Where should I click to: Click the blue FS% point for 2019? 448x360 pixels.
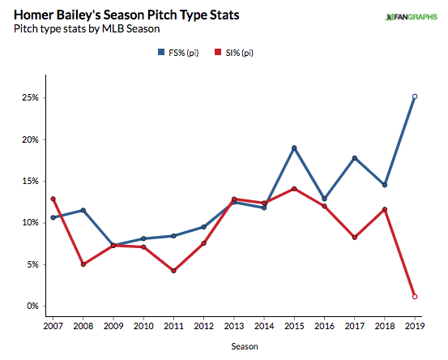[x=415, y=96]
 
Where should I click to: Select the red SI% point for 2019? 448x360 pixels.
[x=415, y=297]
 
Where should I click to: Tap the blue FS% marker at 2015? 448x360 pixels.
[x=294, y=148]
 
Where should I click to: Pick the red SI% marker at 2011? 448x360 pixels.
[x=173, y=271]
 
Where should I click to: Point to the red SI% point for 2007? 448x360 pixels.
[x=53, y=199]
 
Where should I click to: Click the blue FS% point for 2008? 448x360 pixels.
[x=83, y=210]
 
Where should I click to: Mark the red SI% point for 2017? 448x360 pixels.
[x=355, y=238]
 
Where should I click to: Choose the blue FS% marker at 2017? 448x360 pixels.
[x=355, y=158]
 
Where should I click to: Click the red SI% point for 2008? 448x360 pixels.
[x=83, y=264]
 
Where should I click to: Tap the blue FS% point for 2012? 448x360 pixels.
[x=203, y=227]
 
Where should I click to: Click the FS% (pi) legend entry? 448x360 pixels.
[x=178, y=53]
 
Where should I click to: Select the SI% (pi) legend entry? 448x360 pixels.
[x=234, y=53]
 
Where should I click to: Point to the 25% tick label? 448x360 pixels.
[x=30, y=97]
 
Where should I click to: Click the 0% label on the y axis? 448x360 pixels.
[x=32, y=306]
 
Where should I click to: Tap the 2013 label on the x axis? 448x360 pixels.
[x=234, y=326]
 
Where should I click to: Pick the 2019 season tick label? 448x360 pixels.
[x=415, y=326]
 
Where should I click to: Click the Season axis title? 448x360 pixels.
[x=245, y=346]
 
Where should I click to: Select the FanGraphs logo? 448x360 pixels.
[x=412, y=17]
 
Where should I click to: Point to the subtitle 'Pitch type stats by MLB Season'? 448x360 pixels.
[x=87, y=29]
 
